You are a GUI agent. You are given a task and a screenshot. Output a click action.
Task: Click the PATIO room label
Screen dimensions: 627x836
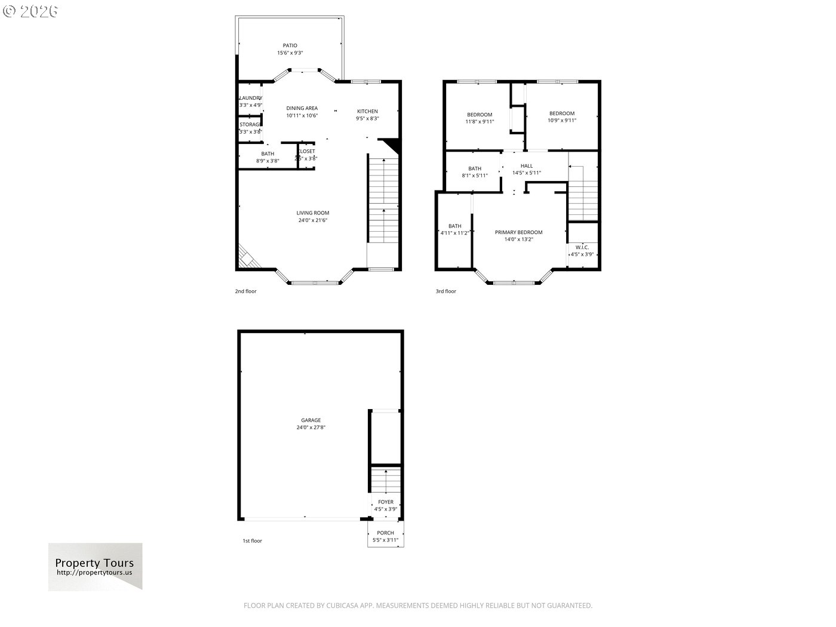(290, 45)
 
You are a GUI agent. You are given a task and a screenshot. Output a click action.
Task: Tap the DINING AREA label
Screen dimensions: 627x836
(302, 108)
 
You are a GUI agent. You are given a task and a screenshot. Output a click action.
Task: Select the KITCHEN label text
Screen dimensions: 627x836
(367, 111)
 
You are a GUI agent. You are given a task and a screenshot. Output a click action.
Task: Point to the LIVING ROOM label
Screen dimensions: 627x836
(313, 213)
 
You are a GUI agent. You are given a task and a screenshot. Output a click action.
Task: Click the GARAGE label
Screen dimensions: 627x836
(311, 420)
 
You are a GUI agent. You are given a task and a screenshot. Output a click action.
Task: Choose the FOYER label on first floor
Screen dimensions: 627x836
(386, 502)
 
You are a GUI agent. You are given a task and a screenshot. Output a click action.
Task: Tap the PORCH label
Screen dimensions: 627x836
(385, 533)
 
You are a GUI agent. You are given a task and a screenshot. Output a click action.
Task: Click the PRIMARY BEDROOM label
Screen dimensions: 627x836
(518, 232)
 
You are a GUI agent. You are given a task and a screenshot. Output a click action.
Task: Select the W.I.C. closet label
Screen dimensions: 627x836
(582, 247)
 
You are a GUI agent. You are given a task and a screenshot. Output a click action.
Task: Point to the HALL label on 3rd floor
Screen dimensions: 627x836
(527, 166)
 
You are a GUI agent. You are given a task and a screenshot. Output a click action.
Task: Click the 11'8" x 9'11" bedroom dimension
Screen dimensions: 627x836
(480, 121)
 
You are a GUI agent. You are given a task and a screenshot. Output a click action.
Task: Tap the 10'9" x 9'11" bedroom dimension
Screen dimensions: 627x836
(561, 120)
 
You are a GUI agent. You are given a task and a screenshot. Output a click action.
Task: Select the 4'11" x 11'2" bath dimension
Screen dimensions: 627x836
(454, 233)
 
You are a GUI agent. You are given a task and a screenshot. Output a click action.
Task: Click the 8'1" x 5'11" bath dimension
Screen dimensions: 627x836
(475, 176)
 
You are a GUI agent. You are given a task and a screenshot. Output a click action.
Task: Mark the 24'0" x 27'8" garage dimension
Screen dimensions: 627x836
(311, 428)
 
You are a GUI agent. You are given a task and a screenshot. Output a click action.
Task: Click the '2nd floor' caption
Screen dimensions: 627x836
(245, 291)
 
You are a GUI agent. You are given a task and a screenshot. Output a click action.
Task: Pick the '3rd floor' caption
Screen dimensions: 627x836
(445, 291)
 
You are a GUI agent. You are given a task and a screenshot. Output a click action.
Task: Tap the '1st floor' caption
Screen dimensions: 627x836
(252, 541)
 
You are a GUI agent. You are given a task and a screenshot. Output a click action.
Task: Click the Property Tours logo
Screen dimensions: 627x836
(95, 567)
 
